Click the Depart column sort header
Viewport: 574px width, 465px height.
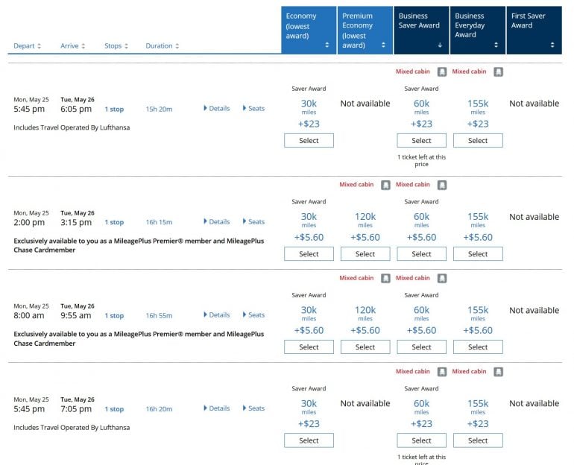pyautogui.click(x=28, y=46)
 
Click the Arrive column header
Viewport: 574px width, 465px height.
pyautogui.click(x=72, y=46)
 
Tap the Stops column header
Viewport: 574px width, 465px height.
pyautogui.click(x=116, y=46)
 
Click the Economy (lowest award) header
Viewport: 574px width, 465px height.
pyautogui.click(x=308, y=30)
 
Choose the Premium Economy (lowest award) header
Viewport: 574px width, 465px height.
pyautogui.click(x=365, y=30)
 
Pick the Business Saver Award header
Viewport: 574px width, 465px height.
pyautogui.click(x=421, y=30)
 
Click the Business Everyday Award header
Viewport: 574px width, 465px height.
pyautogui.click(x=478, y=30)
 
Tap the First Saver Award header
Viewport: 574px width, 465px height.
pyautogui.click(x=534, y=30)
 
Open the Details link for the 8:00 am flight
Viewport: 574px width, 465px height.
pyautogui.click(x=217, y=315)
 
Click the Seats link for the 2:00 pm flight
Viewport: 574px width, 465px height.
pyautogui.click(x=254, y=222)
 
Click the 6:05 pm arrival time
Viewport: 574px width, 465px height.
pyautogui.click(x=76, y=109)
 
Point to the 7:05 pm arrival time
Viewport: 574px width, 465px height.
pyautogui.click(x=76, y=409)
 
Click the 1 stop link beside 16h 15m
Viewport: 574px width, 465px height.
pyautogui.click(x=114, y=222)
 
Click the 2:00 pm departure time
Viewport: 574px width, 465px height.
pyautogui.click(x=29, y=222)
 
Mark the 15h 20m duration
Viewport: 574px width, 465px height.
pyautogui.click(x=159, y=109)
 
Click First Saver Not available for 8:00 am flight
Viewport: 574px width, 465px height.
pyautogui.click(x=534, y=311)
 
